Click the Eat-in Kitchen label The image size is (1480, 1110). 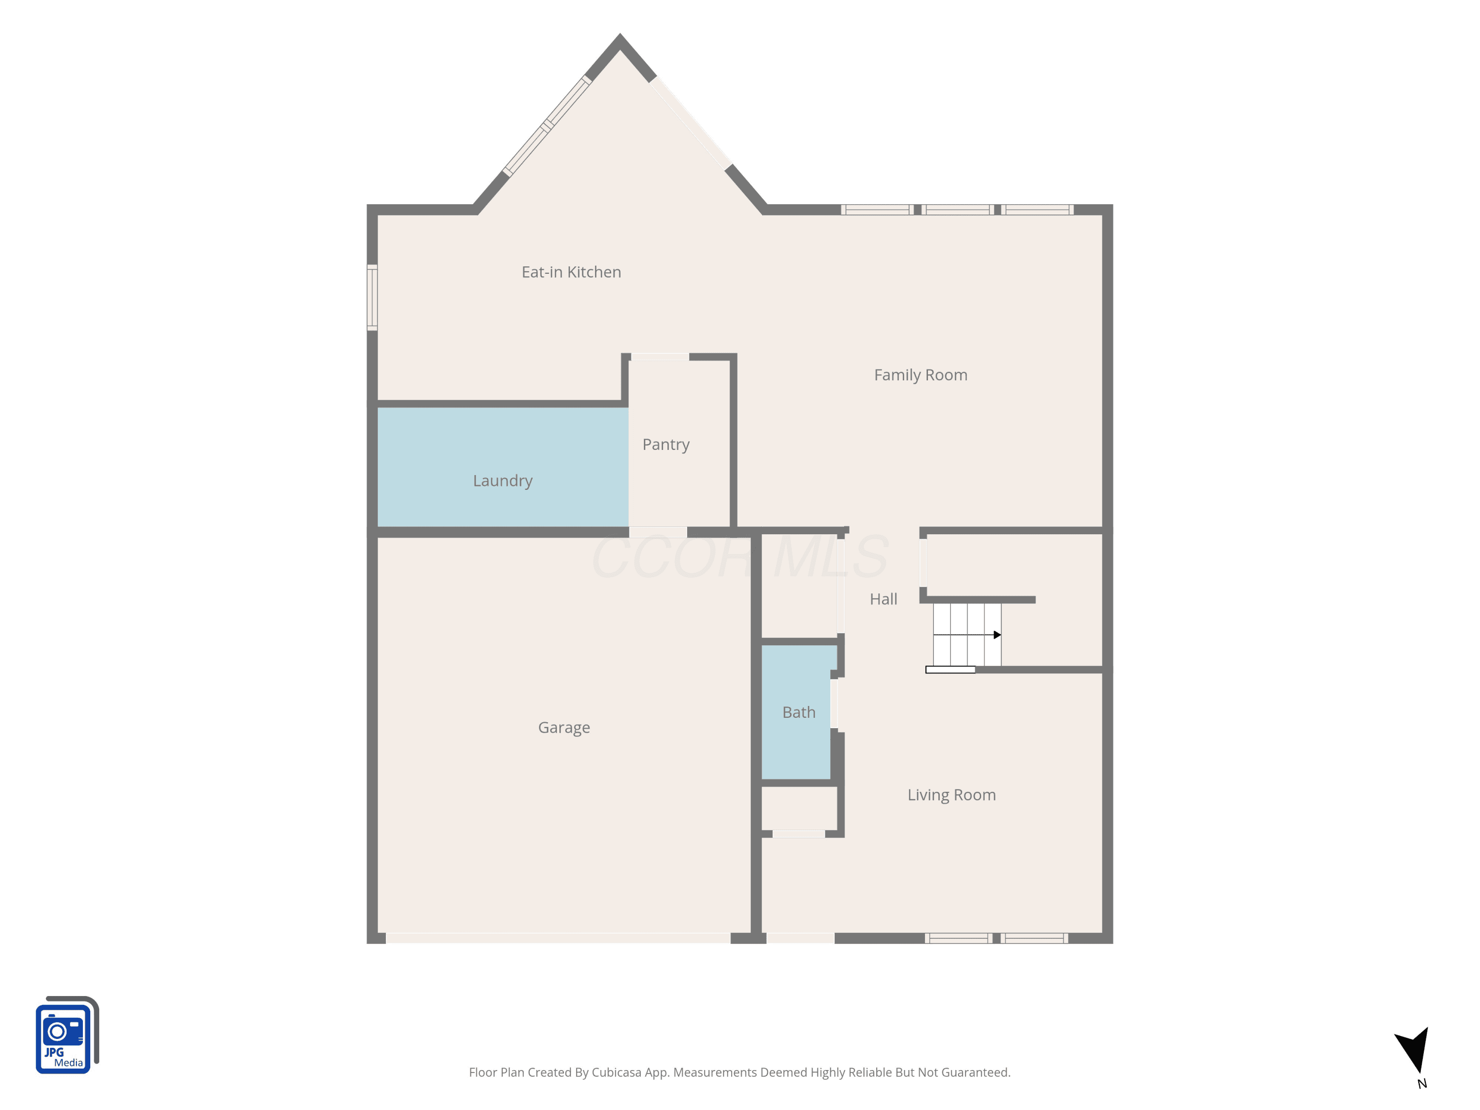tap(571, 272)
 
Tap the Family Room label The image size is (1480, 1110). tap(921, 375)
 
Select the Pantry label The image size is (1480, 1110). tap(666, 445)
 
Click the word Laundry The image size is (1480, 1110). tap(503, 481)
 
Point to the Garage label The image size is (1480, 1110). tap(564, 728)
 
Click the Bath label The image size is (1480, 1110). tap(799, 712)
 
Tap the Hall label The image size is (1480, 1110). tap(883, 599)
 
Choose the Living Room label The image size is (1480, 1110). tap(952, 796)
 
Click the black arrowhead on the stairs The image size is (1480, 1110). tap(997, 635)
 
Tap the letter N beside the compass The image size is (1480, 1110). tap(1422, 1084)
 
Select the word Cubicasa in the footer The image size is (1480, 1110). tap(616, 1073)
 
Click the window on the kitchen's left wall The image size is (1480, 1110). tap(372, 298)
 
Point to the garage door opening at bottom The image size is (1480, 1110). tap(558, 938)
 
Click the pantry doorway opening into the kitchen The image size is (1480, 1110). tap(660, 357)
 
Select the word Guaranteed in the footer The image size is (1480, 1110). tap(977, 1073)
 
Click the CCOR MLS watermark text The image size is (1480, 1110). tap(740, 556)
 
